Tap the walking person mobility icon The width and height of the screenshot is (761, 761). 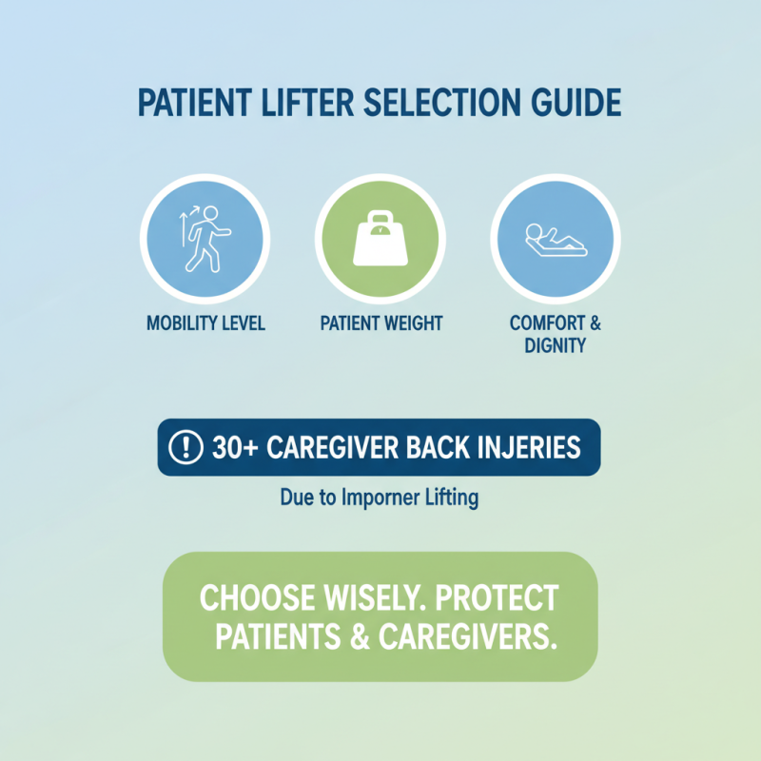coord(205,238)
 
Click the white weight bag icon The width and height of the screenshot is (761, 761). coord(380,238)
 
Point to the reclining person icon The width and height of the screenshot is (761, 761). coord(555,238)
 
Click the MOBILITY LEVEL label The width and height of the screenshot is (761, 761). coord(205,324)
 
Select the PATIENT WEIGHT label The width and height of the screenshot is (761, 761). coord(380,324)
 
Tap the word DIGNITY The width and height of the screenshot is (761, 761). coord(555,345)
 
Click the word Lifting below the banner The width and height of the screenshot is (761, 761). coord(451,497)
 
